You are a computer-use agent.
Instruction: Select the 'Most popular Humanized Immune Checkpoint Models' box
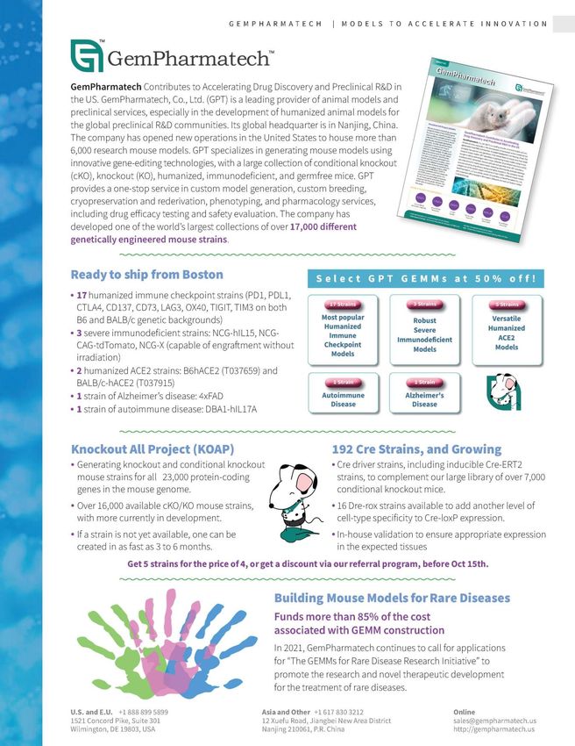[342, 330]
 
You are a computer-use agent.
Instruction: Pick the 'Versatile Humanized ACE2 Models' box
[507, 330]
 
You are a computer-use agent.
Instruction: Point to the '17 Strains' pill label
[342, 305]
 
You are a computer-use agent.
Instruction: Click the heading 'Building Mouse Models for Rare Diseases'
[392, 598]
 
